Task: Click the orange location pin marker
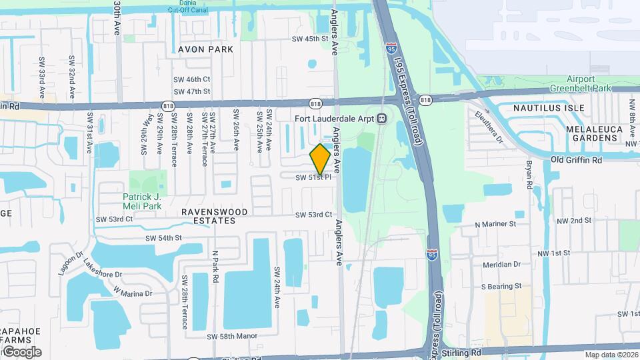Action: tap(320, 159)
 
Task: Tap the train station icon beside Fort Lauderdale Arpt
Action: tap(382, 119)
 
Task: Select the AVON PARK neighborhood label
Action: tap(205, 49)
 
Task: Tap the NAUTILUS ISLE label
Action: tap(549, 108)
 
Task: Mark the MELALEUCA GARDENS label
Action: tap(592, 133)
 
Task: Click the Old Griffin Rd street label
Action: tap(576, 160)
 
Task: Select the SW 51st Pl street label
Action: tap(313, 177)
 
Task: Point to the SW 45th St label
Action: tap(310, 39)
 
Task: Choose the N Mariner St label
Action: tap(495, 225)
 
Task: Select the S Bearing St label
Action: tap(501, 286)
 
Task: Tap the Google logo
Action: tap(21, 351)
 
